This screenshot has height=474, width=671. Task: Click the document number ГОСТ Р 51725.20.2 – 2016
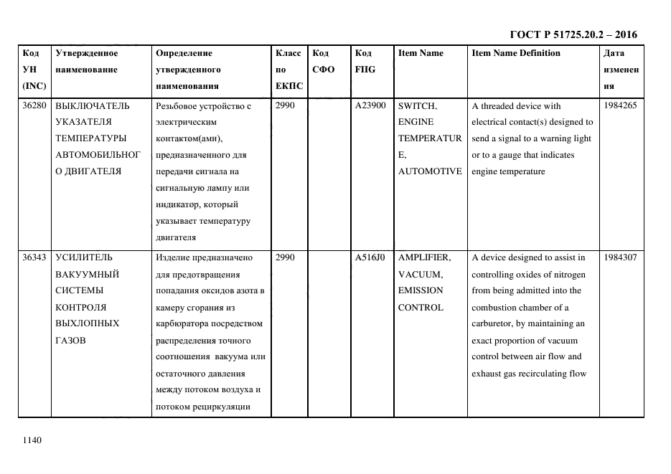[573, 34]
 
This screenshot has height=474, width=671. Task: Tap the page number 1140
[32, 440]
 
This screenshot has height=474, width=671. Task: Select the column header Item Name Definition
[516, 53]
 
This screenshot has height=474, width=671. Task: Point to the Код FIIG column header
[365, 61]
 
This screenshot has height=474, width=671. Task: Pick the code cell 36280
[34, 105]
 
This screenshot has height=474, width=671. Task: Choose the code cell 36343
[34, 257]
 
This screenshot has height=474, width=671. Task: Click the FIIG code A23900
[370, 105]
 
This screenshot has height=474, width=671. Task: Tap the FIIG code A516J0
[370, 257]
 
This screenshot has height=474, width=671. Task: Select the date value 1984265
[621, 105]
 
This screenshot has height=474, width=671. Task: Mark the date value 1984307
[621, 257]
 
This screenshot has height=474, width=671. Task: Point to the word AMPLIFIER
[424, 257]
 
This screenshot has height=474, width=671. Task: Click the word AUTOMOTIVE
[430, 171]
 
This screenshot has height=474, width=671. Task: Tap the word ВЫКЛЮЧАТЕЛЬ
[93, 105]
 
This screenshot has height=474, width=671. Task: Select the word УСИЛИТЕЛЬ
[83, 257]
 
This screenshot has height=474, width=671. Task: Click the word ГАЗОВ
[70, 340]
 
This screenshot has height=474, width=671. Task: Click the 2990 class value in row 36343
[285, 257]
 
